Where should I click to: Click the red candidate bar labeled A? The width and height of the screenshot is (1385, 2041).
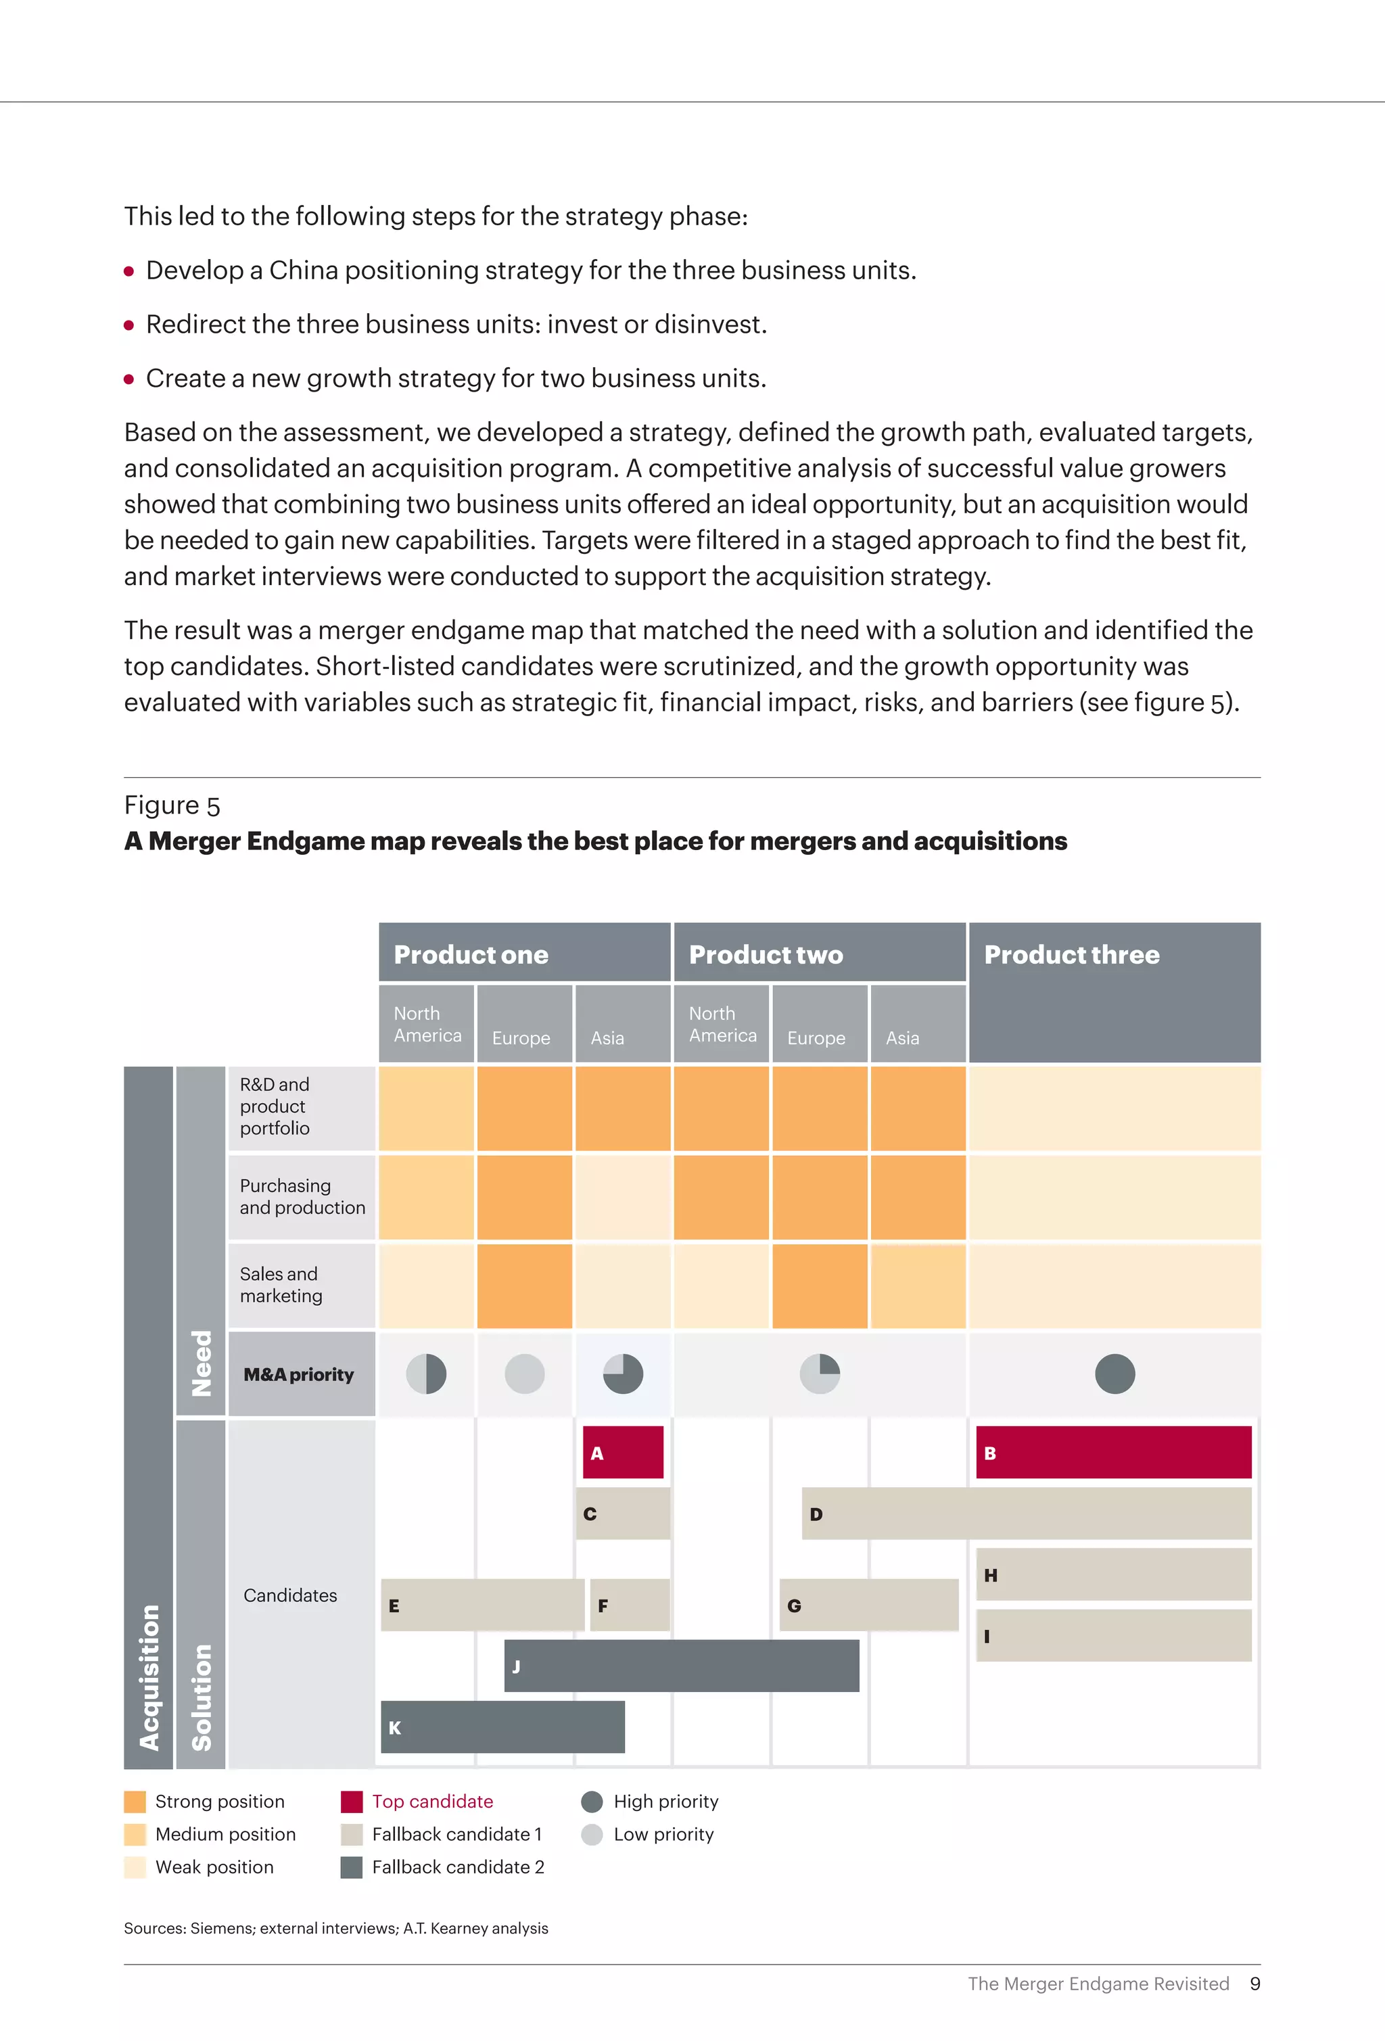point(623,1452)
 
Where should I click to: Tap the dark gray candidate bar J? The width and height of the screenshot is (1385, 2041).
point(682,1665)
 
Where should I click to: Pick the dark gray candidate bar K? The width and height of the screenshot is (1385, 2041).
point(502,1727)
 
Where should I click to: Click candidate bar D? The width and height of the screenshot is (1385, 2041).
point(1026,1514)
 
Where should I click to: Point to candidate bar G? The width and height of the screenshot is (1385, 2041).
point(868,1605)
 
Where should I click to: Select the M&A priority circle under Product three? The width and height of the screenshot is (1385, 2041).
point(1114,1374)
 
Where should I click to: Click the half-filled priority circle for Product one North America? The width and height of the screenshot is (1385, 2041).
point(426,1374)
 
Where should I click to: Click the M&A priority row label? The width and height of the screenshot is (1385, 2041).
point(300,1374)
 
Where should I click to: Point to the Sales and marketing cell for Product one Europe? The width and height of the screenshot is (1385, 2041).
point(524,1285)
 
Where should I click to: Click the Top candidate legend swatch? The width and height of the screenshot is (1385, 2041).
point(351,1801)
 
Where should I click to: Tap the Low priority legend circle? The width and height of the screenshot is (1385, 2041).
point(592,1834)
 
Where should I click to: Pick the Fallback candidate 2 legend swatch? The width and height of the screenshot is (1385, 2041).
point(351,1867)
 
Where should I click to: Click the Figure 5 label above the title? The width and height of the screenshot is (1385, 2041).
point(172,805)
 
